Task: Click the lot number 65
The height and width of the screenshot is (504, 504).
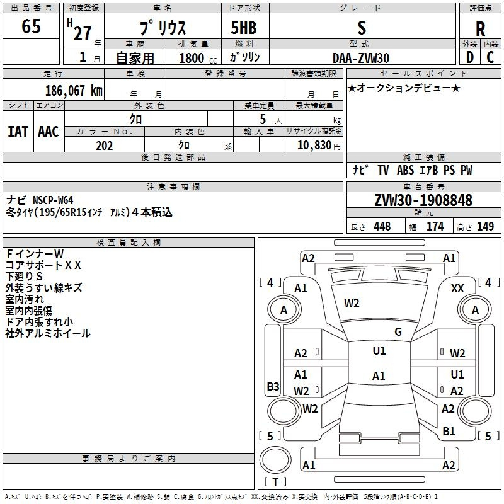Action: (31, 27)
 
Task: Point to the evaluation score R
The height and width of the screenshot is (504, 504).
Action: (480, 29)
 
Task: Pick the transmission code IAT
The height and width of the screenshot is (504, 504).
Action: (18, 132)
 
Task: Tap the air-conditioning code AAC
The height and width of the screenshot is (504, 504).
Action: (49, 132)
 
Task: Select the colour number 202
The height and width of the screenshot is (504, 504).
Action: (104, 146)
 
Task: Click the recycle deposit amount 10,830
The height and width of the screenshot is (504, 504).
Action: (312, 146)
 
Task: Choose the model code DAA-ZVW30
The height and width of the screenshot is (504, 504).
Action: (361, 58)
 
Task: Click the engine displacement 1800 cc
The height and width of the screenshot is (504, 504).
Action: (196, 59)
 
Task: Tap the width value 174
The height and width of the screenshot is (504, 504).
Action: (435, 227)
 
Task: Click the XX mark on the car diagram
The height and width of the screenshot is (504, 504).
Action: (458, 288)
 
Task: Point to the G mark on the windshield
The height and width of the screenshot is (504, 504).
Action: (398, 332)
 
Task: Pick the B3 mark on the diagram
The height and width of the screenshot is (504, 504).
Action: (273, 387)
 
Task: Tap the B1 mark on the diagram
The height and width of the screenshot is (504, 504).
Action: (449, 432)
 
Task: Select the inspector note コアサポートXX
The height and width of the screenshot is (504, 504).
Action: (43, 265)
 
